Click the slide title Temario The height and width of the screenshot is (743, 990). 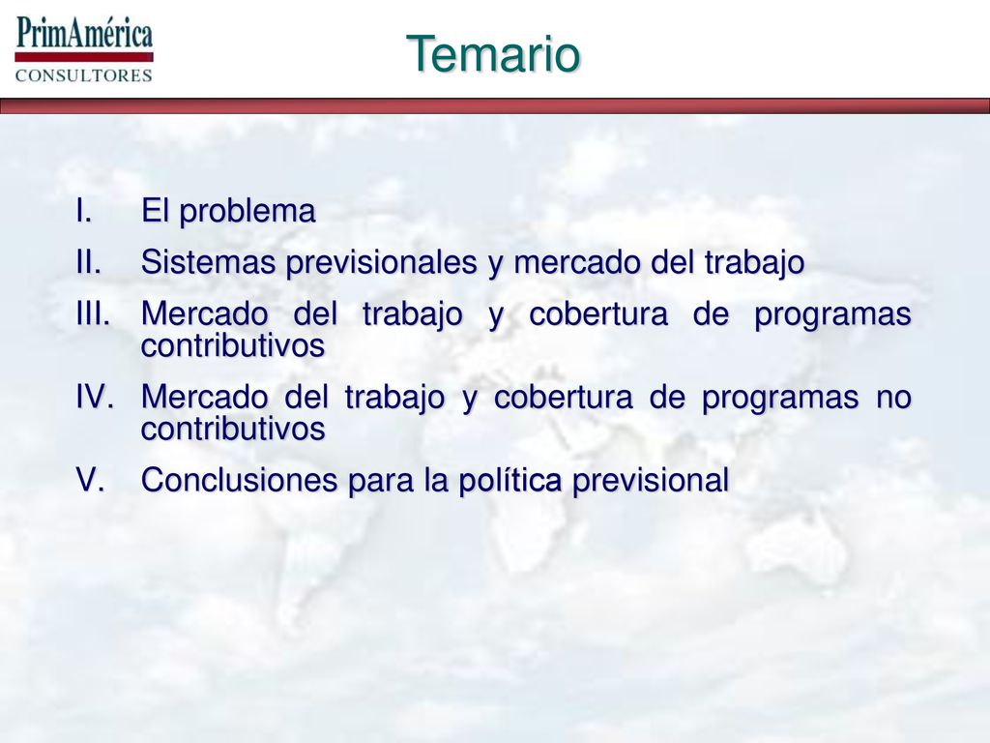point(492,54)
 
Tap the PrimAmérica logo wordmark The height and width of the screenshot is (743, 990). point(85,33)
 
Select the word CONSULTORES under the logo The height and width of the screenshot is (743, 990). point(84,75)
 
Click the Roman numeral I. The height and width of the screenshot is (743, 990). point(84,210)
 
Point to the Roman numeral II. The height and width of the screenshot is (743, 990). point(88,261)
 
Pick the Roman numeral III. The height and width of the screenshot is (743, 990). point(93,313)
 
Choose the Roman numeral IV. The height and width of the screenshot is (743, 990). point(95,397)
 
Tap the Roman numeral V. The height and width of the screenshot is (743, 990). point(90,480)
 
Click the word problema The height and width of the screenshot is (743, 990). point(247,212)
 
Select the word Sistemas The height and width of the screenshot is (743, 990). point(208,262)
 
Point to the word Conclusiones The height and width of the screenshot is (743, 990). point(240,480)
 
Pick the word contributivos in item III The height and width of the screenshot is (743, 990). point(233,345)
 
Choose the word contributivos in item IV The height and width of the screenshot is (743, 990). point(233,429)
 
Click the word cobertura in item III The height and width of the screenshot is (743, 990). point(598,314)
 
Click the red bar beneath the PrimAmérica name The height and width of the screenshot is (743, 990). point(84,57)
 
